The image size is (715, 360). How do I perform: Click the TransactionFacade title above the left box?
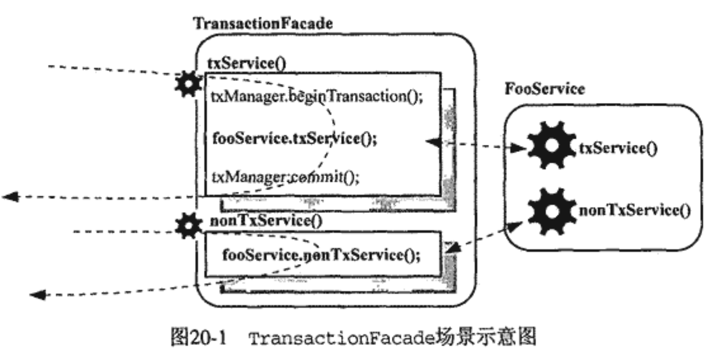(263, 23)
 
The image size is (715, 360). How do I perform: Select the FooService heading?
(544, 89)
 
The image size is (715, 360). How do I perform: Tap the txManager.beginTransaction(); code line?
(316, 97)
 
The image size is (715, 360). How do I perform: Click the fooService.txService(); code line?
(294, 138)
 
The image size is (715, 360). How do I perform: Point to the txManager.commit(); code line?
(285, 176)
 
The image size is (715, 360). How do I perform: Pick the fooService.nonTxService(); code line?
(321, 255)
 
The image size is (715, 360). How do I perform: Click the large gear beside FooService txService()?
(551, 146)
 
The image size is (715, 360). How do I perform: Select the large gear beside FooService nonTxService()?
(551, 211)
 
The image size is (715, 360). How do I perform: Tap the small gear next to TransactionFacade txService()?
(188, 84)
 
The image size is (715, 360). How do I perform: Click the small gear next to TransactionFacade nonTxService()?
(188, 225)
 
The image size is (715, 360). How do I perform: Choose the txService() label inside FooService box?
(618, 148)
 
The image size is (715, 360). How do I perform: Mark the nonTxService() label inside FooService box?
(634, 210)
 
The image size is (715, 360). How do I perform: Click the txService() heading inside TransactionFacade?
(247, 64)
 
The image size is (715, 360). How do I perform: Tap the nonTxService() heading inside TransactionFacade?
(266, 221)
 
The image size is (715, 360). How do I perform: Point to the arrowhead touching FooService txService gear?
(518, 148)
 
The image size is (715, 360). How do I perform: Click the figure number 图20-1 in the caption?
(199, 338)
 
